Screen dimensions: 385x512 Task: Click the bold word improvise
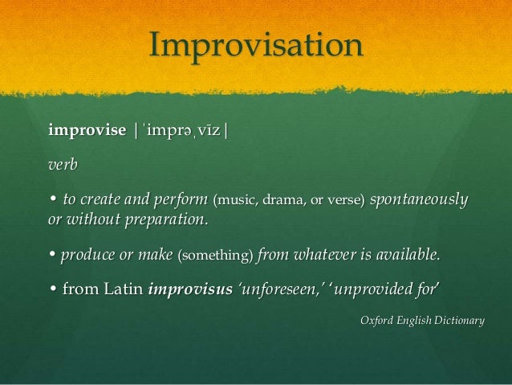coord(87,129)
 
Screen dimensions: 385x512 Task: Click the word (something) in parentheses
coord(214,256)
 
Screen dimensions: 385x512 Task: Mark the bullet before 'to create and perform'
coord(52,198)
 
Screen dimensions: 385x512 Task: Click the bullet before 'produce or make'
coord(52,256)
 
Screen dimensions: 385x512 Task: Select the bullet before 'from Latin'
coord(52,290)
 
